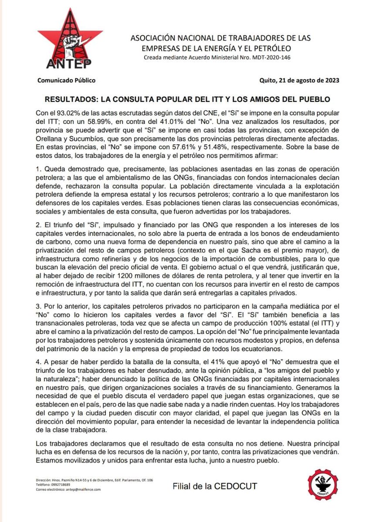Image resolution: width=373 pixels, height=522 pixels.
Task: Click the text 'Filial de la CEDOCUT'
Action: point(215,486)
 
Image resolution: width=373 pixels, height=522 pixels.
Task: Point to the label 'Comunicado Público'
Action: point(66,80)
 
